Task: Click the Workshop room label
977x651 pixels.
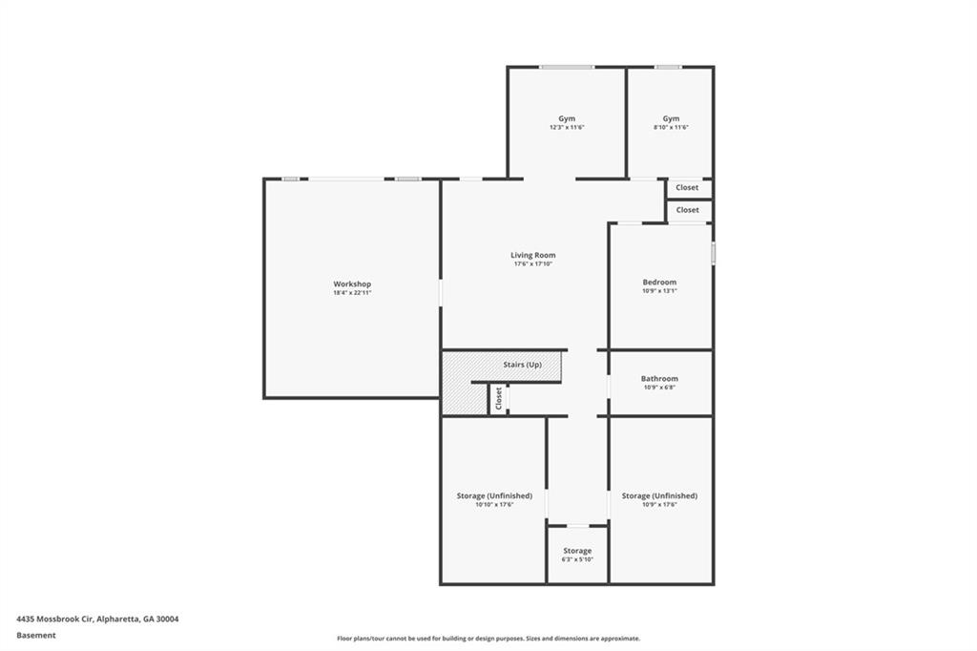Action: pyautogui.click(x=352, y=284)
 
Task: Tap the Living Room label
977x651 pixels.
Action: pyautogui.click(x=532, y=255)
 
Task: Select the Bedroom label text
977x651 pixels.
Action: pyautogui.click(x=659, y=282)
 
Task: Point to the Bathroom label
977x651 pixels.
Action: pyautogui.click(x=659, y=379)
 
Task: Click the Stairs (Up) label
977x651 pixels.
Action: pyautogui.click(x=522, y=365)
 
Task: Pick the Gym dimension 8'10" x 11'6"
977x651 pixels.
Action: pyautogui.click(x=671, y=127)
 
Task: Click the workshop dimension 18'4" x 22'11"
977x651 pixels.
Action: pyautogui.click(x=352, y=293)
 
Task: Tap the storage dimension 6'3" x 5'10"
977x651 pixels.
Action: pyautogui.click(x=577, y=559)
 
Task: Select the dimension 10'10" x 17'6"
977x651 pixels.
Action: pyautogui.click(x=494, y=505)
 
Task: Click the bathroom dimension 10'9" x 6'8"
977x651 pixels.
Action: pyautogui.click(x=659, y=388)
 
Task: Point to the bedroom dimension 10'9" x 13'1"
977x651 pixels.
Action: pyautogui.click(x=659, y=290)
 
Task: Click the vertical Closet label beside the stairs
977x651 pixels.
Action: pyautogui.click(x=498, y=398)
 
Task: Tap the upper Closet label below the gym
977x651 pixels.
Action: pyautogui.click(x=687, y=188)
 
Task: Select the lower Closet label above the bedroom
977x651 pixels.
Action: pyautogui.click(x=687, y=210)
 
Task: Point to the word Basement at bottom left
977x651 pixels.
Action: pyautogui.click(x=36, y=635)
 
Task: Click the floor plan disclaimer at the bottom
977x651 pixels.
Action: pyautogui.click(x=488, y=639)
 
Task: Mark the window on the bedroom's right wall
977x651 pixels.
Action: pyautogui.click(x=713, y=254)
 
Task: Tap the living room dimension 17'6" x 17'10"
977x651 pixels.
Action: pyautogui.click(x=532, y=263)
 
